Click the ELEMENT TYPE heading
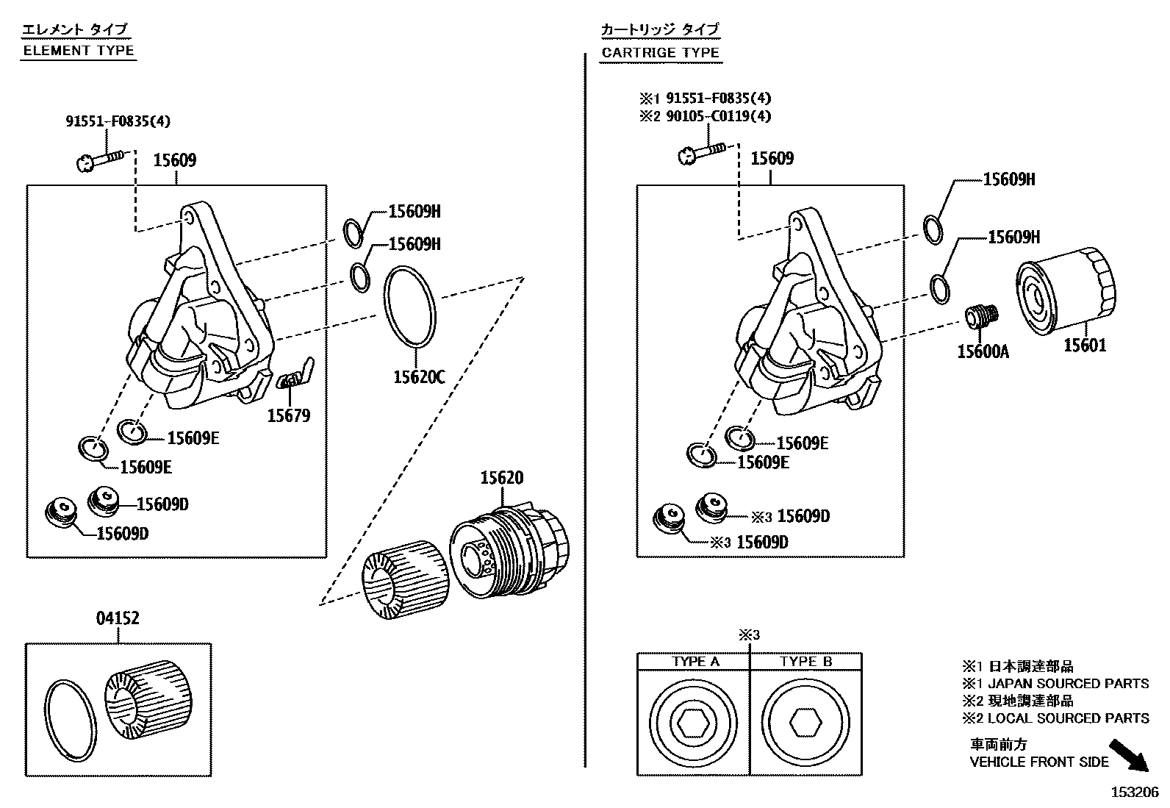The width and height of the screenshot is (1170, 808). pyautogui.click(x=79, y=51)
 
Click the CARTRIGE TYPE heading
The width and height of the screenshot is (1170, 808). pyautogui.click(x=660, y=53)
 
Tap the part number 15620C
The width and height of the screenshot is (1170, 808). pyautogui.click(x=419, y=377)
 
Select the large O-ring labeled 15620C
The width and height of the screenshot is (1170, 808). pyautogui.click(x=410, y=307)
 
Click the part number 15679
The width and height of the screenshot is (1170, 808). pyautogui.click(x=288, y=416)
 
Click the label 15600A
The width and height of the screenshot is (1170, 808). pyautogui.click(x=983, y=352)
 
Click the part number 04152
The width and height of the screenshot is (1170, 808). pyautogui.click(x=118, y=619)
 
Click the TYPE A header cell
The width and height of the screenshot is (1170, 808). pyautogui.click(x=695, y=662)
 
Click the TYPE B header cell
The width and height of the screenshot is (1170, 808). pyautogui.click(x=806, y=662)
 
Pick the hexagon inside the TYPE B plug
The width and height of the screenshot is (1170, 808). pyautogui.click(x=805, y=724)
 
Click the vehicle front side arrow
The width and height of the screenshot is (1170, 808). pyautogui.click(x=1129, y=755)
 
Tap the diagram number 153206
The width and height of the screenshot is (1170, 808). pyautogui.click(x=1134, y=793)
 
